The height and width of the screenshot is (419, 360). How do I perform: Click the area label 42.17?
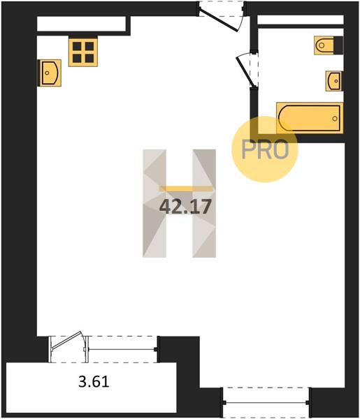coord(185,207)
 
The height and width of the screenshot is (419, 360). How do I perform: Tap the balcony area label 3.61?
coord(94,381)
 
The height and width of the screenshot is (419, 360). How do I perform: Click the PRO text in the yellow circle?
coord(265,149)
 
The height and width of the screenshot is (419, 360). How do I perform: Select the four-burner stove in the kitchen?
coord(83,51)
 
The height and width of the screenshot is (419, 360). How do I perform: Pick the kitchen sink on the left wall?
coord(50,73)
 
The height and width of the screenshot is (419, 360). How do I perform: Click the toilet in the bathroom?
coord(329,45)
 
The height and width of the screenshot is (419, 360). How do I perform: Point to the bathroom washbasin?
coord(334,81)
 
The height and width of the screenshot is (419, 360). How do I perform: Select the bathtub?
coord(310,118)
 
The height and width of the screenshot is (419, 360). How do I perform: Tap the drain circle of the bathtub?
coord(335,119)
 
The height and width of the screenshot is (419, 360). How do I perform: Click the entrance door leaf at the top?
coord(219,20)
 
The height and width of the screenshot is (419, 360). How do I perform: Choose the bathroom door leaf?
coord(244,71)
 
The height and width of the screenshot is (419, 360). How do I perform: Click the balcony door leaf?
coord(66,340)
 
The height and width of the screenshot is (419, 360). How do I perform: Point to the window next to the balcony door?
coord(122,349)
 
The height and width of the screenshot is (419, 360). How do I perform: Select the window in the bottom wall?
coord(266,402)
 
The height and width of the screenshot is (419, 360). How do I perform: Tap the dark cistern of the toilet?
coord(338,45)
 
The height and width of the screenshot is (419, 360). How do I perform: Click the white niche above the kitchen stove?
coord(81,24)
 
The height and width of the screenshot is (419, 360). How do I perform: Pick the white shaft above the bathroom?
coord(301,20)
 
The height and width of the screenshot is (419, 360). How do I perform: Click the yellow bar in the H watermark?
coord(187,189)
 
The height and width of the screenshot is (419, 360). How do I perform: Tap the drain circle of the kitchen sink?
coord(48,73)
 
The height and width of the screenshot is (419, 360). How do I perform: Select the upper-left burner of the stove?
coord(77,45)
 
